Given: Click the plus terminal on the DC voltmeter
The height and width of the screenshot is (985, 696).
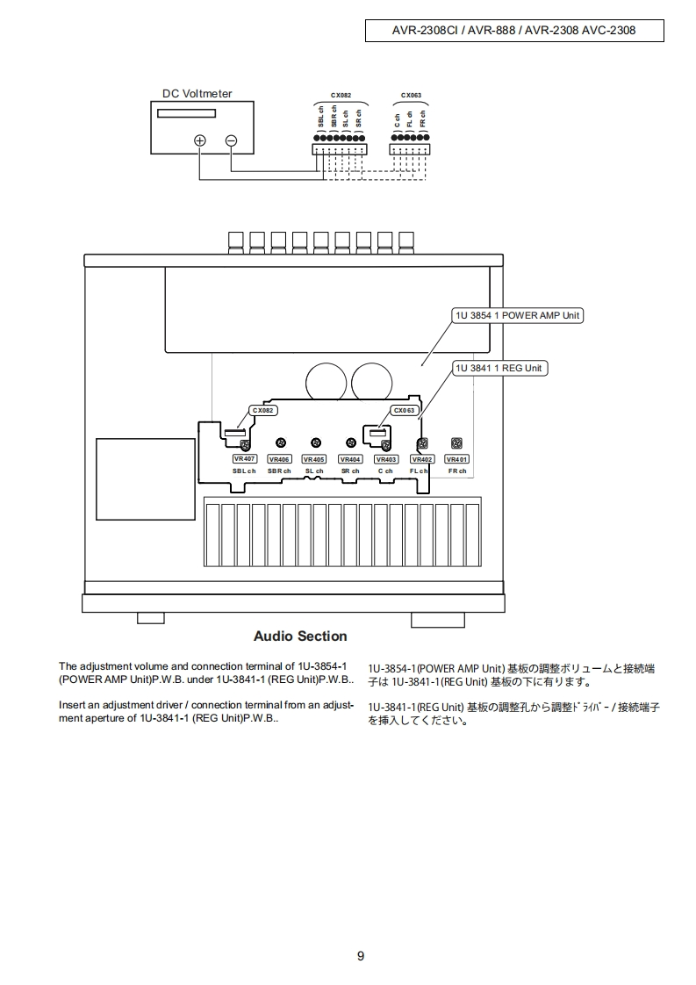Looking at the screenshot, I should pos(200,140).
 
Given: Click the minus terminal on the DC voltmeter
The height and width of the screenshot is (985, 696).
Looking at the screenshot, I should pos(231,140).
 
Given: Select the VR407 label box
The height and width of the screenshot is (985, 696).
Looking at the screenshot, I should pos(244,459).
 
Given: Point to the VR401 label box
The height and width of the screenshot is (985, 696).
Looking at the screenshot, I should pos(456,459).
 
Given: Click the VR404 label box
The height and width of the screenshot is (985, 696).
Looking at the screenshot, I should pos(350,459).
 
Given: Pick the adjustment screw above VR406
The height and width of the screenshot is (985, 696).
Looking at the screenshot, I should pos(280,443).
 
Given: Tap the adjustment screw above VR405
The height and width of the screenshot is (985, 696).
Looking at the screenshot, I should pos(316,443).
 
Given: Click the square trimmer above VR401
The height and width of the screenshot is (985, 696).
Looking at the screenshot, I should pos(456,443).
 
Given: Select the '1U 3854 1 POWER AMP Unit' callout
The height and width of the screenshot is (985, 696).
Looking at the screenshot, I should pos(517,315).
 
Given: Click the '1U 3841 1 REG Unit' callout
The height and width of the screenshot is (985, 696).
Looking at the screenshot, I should pos(499,368).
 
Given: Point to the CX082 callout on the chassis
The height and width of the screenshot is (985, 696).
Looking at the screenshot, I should pos(263,410).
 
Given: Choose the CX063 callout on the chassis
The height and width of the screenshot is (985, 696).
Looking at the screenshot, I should pos(404,410).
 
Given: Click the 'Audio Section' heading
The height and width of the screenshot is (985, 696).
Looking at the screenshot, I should pos(300,636).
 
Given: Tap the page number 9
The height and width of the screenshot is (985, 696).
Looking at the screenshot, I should pos(361,956).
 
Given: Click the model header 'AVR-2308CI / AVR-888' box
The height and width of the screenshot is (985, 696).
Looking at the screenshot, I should pos(513,30).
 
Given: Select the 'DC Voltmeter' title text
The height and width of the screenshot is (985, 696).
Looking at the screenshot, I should pos(197,94).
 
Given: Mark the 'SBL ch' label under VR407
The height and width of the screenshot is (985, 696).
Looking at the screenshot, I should pos(244,471).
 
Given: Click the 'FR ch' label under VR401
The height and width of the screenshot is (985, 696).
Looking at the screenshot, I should pos(456,471).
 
